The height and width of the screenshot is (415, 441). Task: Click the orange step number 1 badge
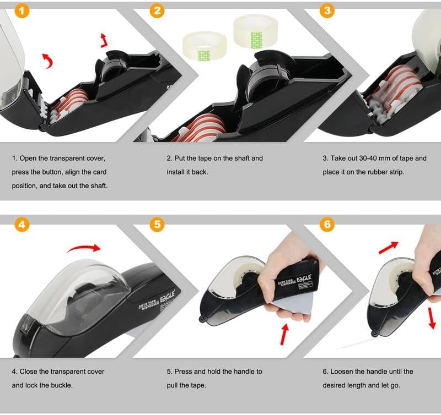click(x=21, y=11)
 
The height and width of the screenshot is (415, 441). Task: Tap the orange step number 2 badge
click(x=157, y=11)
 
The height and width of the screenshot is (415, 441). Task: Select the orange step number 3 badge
click(x=327, y=11)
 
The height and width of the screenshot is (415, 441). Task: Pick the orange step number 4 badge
click(x=21, y=225)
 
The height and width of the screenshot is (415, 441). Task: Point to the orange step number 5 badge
click(x=157, y=225)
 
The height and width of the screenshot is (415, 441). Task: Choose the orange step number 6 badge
click(x=327, y=225)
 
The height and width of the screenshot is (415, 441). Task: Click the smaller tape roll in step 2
click(x=205, y=46)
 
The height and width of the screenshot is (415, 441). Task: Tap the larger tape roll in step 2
click(x=255, y=31)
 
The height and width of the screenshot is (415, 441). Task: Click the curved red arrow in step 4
click(x=84, y=247)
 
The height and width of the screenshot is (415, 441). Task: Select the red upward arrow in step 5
click(x=284, y=334)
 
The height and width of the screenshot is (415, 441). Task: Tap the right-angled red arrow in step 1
click(x=104, y=40)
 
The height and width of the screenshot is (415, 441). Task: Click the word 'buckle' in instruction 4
click(x=62, y=385)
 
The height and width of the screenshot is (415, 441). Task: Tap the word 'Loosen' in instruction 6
click(x=342, y=372)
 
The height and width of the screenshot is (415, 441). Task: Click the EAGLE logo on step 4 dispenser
click(x=168, y=297)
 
